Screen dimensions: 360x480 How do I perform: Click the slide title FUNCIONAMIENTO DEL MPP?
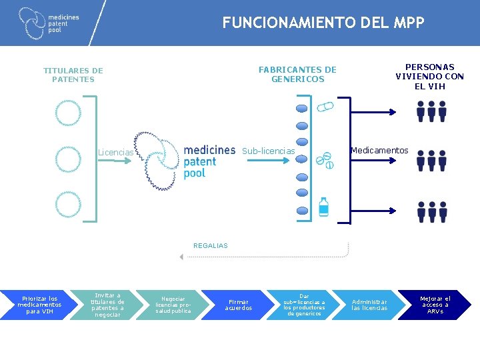[323, 23]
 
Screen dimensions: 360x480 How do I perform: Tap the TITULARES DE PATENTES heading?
[73, 75]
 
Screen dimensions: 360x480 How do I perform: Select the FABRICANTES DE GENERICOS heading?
[297, 75]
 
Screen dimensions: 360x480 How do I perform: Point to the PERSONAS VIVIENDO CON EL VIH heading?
[429, 77]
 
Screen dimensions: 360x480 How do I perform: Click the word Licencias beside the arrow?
[115, 153]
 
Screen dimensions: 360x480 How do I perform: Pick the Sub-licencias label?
[268, 151]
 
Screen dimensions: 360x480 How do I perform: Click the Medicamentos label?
[379, 151]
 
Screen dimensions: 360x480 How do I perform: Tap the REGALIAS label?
[210, 246]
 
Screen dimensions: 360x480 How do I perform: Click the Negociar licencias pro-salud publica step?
[173, 305]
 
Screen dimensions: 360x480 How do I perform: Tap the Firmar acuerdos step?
[238, 305]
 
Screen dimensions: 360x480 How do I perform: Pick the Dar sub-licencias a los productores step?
[304, 305]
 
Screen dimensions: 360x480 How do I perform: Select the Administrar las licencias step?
[369, 305]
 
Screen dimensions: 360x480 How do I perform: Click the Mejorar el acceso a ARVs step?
[435, 305]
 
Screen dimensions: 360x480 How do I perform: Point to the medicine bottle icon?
[323, 207]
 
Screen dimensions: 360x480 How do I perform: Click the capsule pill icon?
[325, 107]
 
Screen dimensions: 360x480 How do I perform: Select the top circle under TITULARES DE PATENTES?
[68, 113]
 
